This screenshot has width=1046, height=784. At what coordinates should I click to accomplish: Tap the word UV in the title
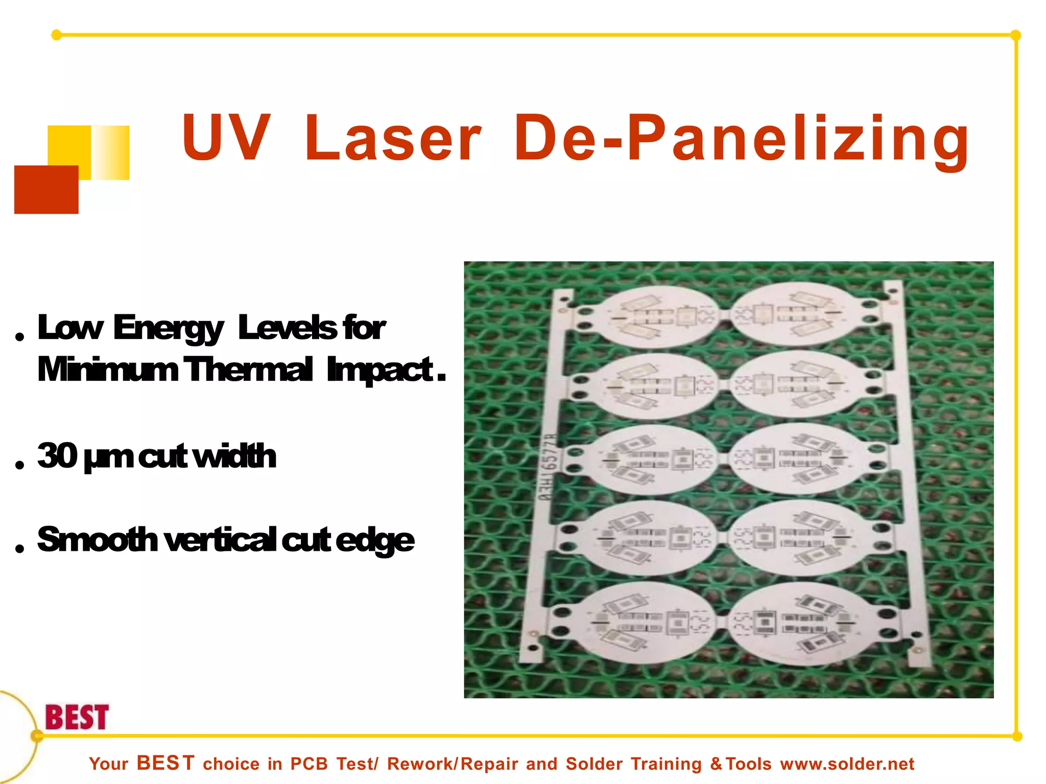pyautogui.click(x=225, y=138)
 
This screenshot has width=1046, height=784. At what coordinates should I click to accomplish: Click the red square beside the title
pyautogui.click(x=46, y=189)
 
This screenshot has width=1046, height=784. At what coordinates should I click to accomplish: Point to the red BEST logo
pyautogui.click(x=77, y=717)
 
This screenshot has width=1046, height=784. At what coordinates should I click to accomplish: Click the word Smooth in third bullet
pyautogui.click(x=97, y=540)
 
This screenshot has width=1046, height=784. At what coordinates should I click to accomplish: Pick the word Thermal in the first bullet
pyautogui.click(x=247, y=370)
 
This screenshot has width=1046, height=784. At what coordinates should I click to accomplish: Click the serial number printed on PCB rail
pyautogui.click(x=548, y=467)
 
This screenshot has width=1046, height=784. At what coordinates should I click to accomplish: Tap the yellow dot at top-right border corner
pyautogui.click(x=1015, y=35)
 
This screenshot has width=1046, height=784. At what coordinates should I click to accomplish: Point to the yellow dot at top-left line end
pyautogui.click(x=57, y=35)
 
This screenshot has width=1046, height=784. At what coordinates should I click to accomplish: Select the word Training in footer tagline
pyautogui.click(x=666, y=764)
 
